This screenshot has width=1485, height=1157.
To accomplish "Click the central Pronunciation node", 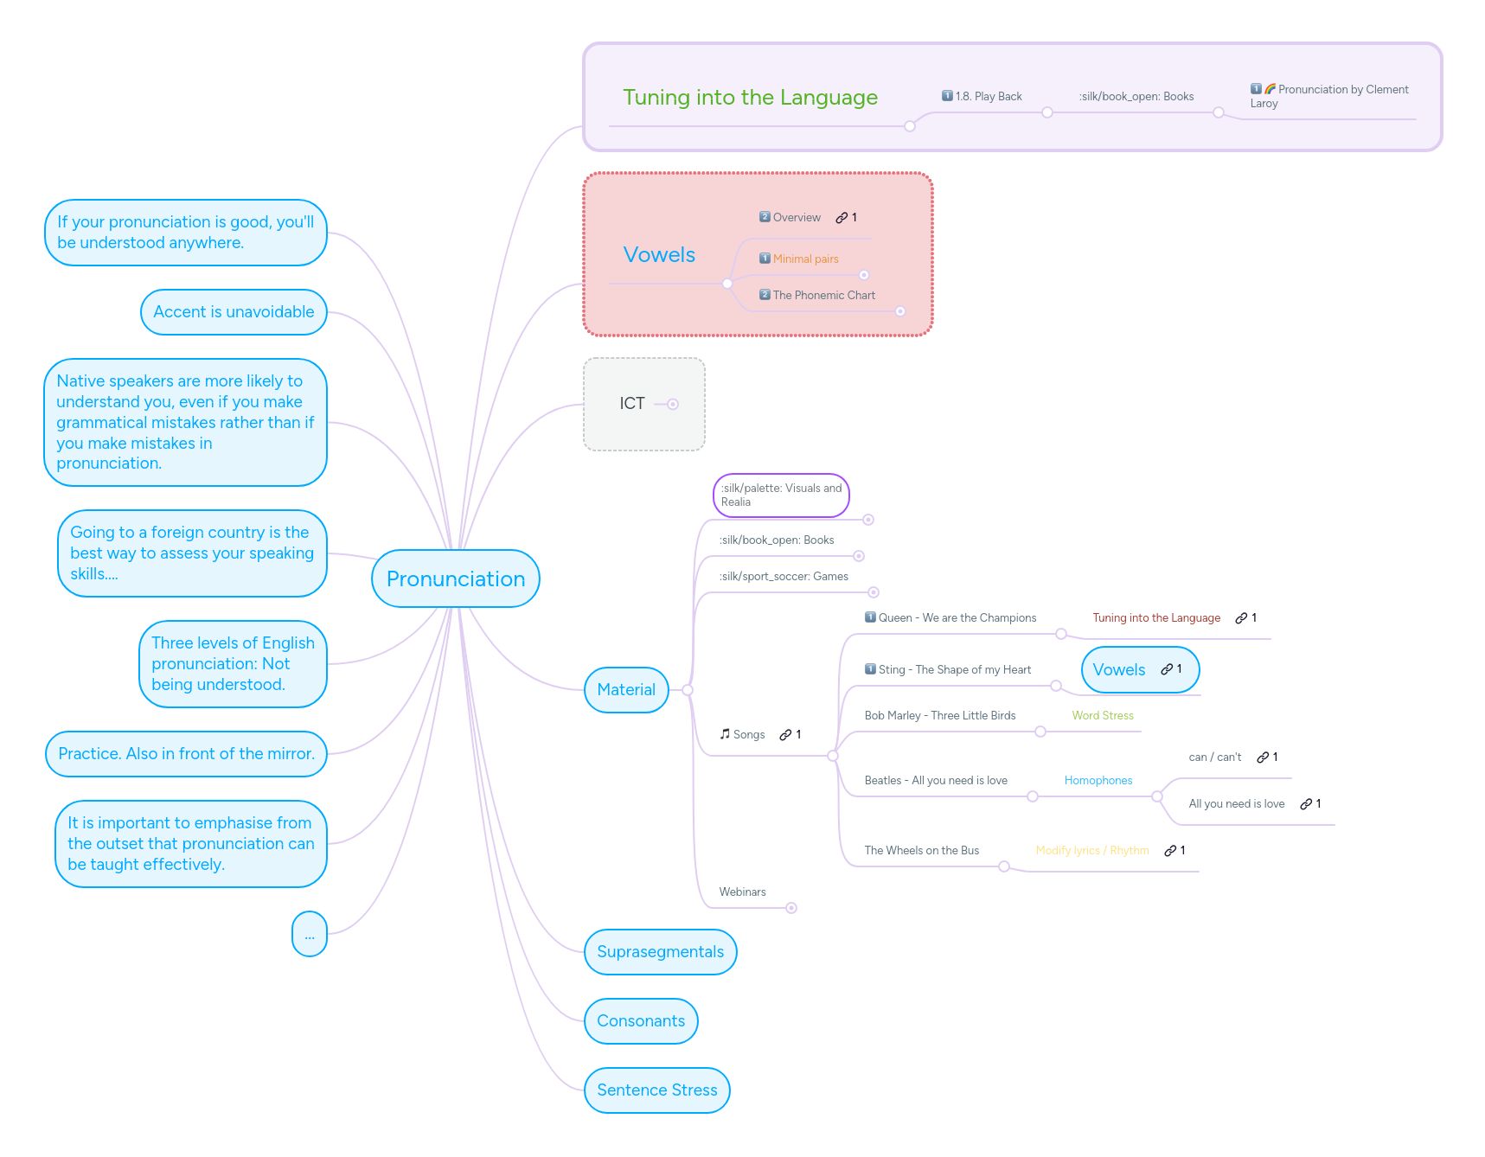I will (x=455, y=578).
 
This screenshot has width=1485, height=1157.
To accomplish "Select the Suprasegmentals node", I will (x=660, y=952).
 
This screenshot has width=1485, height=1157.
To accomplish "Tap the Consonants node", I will (x=640, y=1021).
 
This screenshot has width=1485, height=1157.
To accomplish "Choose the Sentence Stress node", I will (x=656, y=1090).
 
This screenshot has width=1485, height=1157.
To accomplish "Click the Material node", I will (x=626, y=690).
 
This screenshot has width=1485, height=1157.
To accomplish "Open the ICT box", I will (x=633, y=404).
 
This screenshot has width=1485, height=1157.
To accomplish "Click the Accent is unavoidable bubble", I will (x=234, y=312).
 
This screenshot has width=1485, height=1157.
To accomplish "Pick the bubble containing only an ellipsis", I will (x=310, y=935).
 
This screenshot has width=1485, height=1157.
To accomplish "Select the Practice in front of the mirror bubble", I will (x=186, y=754).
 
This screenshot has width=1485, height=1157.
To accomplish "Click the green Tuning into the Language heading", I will (x=750, y=98).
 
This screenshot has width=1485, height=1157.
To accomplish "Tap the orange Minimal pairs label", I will (x=805, y=259).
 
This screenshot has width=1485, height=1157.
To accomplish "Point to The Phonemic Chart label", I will (x=823, y=296).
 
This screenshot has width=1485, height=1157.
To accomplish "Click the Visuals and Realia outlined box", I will (x=781, y=495).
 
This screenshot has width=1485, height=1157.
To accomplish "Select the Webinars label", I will (x=742, y=892).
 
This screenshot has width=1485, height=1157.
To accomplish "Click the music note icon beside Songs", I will (x=725, y=734).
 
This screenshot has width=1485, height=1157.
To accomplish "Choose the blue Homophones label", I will (x=1098, y=781).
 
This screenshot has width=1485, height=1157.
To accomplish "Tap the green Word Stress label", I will (x=1102, y=716).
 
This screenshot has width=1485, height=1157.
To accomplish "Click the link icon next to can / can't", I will (x=1263, y=757).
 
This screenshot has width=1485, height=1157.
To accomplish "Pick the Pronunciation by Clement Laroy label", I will (x=1332, y=96).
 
